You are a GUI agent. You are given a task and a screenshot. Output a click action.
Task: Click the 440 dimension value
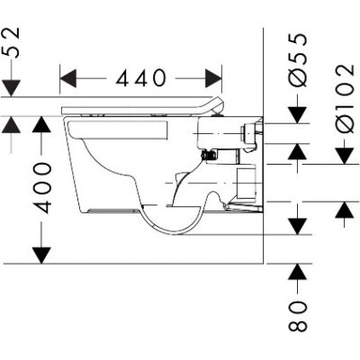point(141,78)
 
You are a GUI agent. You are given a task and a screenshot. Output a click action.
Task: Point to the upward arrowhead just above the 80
point(298,271)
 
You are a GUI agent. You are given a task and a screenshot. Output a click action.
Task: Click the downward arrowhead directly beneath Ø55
point(298,115)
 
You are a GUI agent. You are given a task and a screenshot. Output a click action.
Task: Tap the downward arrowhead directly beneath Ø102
point(344,154)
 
